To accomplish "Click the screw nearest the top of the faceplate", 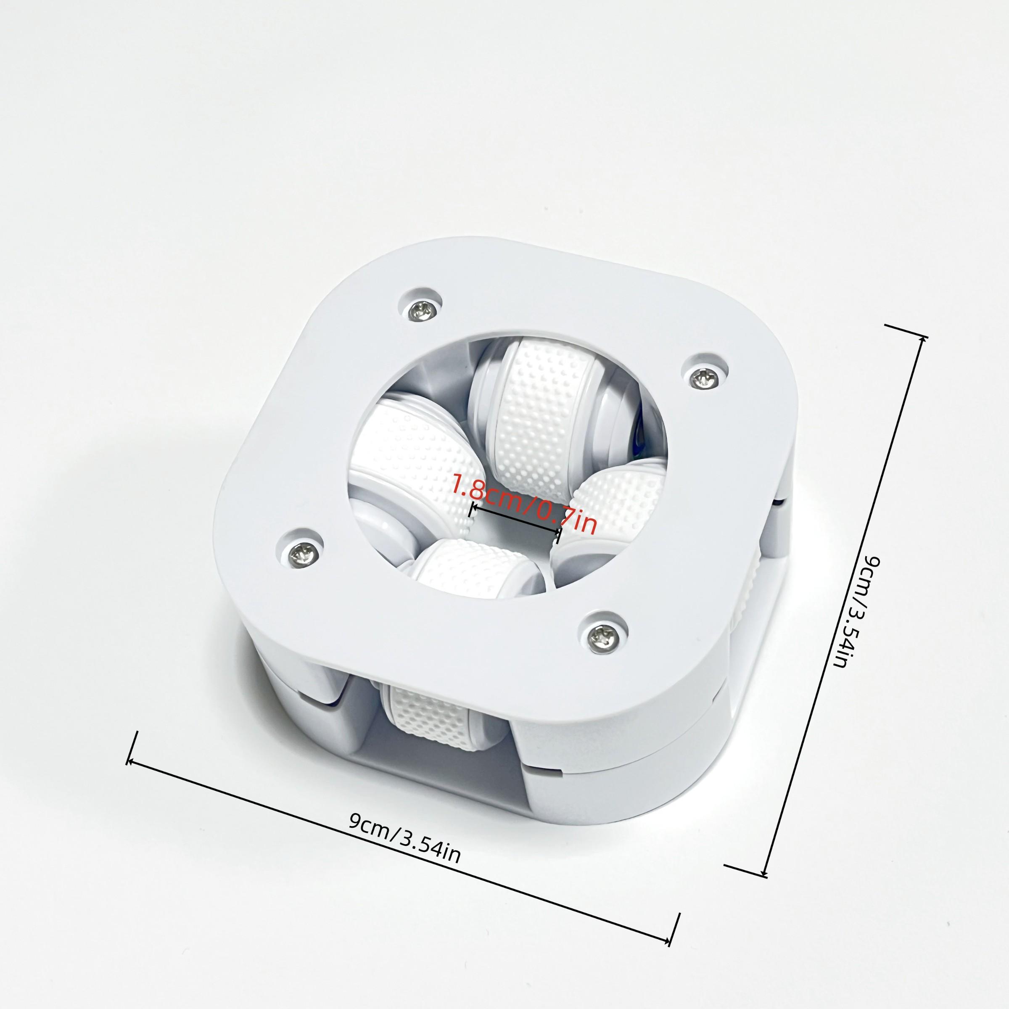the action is coord(421,311).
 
